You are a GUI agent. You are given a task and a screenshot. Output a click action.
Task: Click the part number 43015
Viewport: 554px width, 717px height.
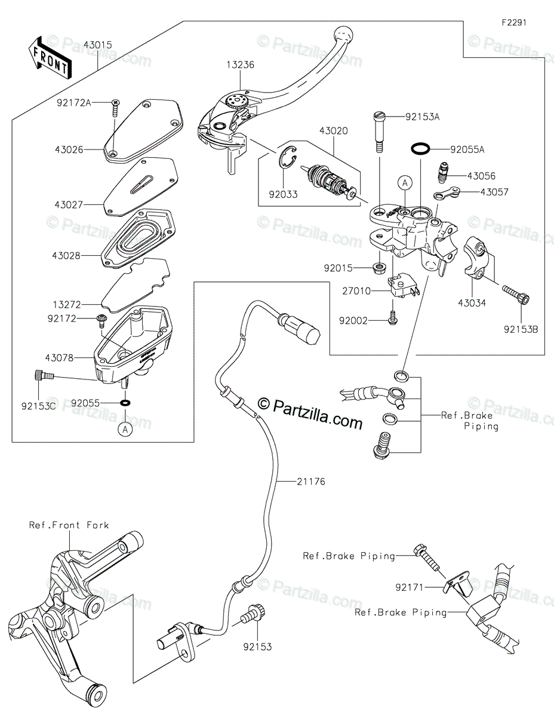click(x=98, y=45)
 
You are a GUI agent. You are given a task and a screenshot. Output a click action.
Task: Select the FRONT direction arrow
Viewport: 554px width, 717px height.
click(x=50, y=57)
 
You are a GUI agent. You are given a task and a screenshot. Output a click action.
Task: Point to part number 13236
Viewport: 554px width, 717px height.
click(x=240, y=65)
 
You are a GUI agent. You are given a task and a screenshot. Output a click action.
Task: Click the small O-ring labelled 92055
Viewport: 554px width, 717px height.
click(x=125, y=403)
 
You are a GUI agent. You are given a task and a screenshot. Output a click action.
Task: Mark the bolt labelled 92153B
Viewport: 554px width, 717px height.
click(x=516, y=294)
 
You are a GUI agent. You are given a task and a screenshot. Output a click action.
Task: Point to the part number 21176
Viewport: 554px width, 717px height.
click(x=311, y=482)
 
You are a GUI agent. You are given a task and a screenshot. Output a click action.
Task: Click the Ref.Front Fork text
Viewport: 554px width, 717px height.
click(x=69, y=525)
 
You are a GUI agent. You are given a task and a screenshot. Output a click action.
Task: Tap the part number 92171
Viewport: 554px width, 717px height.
click(x=409, y=588)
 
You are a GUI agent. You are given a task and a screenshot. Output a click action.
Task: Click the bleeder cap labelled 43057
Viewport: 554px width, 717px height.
click(x=445, y=194)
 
